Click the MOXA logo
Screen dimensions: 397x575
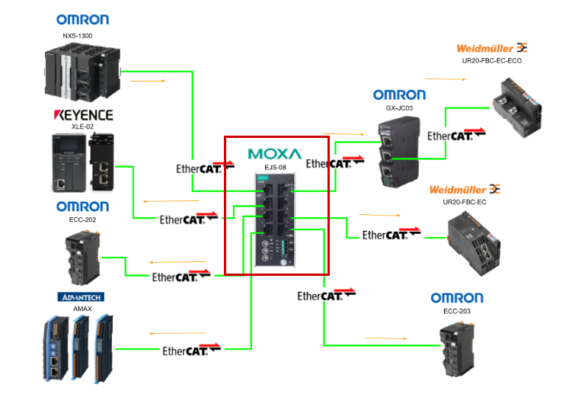tap(275, 153)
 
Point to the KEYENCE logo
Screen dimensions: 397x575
tap(82, 115)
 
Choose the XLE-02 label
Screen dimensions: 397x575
tap(81, 127)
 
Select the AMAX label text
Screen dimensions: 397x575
tap(81, 308)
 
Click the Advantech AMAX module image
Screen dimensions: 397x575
tap(78, 347)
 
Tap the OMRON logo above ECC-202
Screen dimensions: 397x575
tap(82, 207)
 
